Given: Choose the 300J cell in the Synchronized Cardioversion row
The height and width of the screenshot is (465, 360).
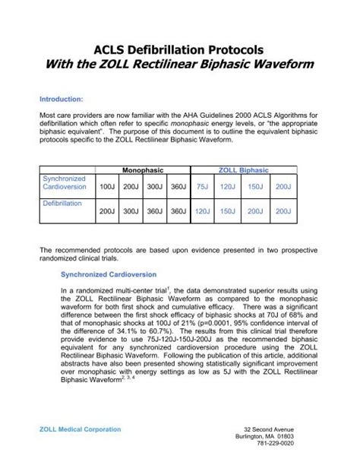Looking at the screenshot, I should pyautogui.click(x=155, y=185).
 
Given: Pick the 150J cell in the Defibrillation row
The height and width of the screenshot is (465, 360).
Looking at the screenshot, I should pyautogui.click(x=227, y=212).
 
